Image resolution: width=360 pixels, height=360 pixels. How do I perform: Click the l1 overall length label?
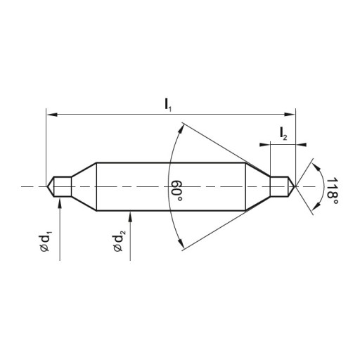coord(168,105)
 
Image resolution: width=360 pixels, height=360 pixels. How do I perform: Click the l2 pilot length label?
coord(283,134)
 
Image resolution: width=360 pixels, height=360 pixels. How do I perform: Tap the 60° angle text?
coord(177,191)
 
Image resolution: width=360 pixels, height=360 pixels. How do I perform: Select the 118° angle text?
coord(332,191)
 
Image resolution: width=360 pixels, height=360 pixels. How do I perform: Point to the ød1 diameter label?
coord(45,242)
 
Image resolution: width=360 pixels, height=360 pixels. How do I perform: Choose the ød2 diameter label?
coord(119,241)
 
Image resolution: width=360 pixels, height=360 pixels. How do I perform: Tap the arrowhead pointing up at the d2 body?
coord(130,217)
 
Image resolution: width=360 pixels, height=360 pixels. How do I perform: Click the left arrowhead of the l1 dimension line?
coord(51,115)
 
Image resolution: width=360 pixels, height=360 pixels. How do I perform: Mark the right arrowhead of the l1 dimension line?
coord(290,115)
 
